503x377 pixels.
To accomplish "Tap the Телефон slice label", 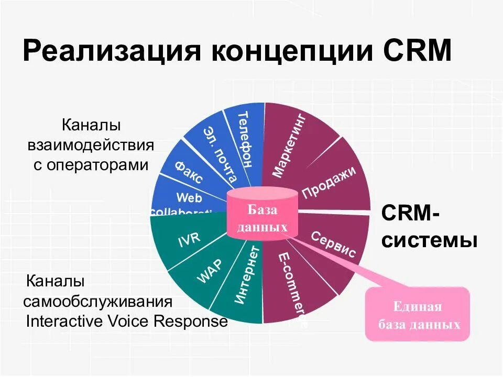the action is point(244,139).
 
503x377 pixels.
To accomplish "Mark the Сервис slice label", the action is point(333,244).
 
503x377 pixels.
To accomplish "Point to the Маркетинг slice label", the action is point(291,144).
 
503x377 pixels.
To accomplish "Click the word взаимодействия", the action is point(91,145).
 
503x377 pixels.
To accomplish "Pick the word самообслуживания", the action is point(98,302).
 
